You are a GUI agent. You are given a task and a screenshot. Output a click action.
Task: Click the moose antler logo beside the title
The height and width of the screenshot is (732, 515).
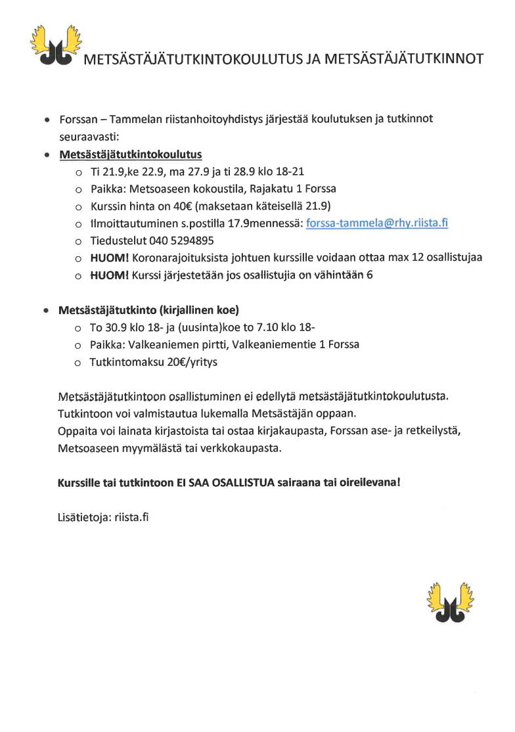(x=56, y=46)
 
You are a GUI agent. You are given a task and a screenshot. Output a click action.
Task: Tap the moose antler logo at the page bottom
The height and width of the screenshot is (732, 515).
(x=450, y=601)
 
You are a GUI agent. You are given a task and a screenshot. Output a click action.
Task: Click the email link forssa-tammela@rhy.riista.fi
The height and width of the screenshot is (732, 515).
(x=377, y=223)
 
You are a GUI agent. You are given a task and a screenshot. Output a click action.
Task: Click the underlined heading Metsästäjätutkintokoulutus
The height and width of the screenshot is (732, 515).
(x=130, y=155)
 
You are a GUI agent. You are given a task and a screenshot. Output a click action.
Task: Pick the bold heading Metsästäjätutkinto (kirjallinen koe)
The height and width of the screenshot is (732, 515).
(x=148, y=309)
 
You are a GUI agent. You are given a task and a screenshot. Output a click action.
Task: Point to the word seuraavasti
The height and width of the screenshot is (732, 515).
(x=89, y=137)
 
